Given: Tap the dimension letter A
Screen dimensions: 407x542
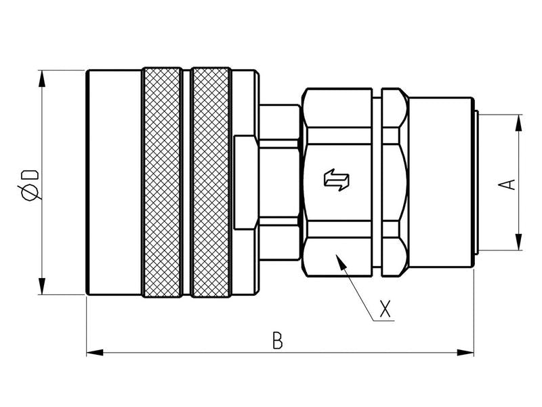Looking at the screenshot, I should [x=510, y=183].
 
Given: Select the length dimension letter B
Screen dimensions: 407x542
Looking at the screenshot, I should [x=276, y=339].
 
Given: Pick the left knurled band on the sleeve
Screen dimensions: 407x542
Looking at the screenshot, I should [x=162, y=182].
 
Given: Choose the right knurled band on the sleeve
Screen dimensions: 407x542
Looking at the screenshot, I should [x=211, y=182].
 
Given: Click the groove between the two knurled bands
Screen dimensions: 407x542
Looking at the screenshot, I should [x=186, y=182].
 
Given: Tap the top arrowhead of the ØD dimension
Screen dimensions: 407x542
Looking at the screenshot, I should [x=43, y=76].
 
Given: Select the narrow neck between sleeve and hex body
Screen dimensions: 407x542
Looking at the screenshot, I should [x=279, y=182].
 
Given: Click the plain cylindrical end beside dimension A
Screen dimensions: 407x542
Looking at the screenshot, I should [x=440, y=182].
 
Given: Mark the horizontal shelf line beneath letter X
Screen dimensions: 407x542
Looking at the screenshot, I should [x=383, y=320].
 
